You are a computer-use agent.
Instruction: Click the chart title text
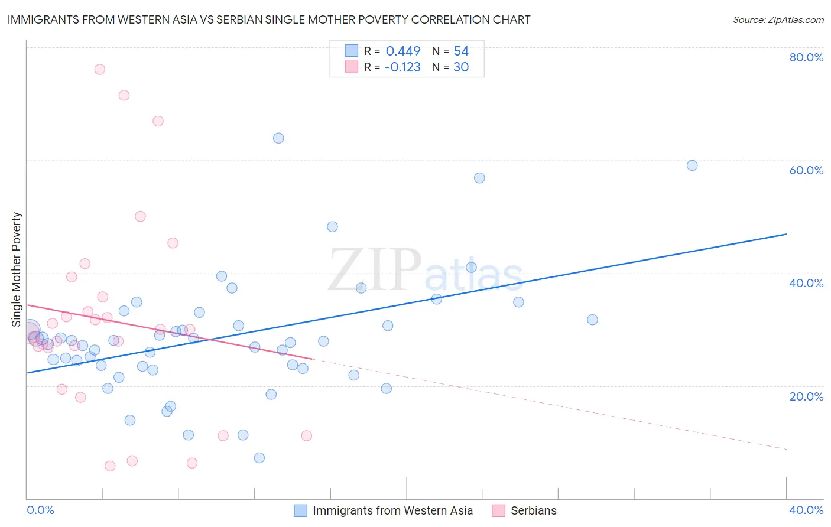(x=269, y=19)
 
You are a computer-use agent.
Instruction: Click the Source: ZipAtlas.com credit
(x=778, y=19)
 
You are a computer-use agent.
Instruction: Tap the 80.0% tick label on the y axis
(x=806, y=57)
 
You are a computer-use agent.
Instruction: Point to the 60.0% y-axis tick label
(x=806, y=170)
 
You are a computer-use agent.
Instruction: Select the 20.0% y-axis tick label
(x=806, y=396)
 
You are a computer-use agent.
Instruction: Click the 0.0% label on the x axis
(x=41, y=510)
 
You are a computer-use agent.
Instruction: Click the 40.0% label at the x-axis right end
(x=806, y=510)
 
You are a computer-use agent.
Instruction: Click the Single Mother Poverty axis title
(x=17, y=269)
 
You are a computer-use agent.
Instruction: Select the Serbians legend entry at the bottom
(x=533, y=510)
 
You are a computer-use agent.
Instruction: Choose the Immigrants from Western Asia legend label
(x=392, y=510)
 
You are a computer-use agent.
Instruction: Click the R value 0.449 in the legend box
(x=403, y=51)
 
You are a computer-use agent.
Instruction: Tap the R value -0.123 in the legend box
(x=402, y=67)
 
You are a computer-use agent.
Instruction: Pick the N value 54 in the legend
(x=461, y=51)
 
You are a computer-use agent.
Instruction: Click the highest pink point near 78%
(x=99, y=70)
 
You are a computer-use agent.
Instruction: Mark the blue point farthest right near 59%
(x=692, y=165)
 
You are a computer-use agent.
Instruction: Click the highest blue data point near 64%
(x=278, y=138)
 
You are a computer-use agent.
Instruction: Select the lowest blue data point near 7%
(x=259, y=458)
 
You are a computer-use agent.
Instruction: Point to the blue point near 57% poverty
(x=479, y=178)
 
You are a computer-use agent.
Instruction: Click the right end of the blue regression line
(x=786, y=235)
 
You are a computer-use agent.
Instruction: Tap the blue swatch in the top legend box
(x=351, y=51)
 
